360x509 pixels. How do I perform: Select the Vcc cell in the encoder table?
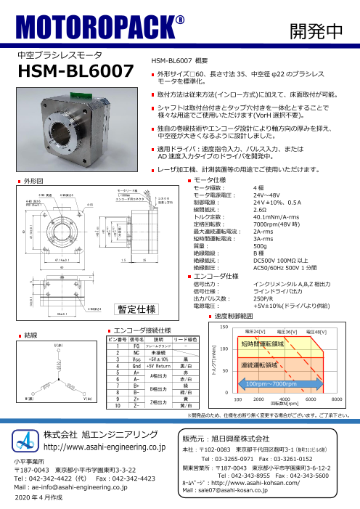click(x=135, y=359)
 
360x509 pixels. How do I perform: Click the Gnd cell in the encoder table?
click(x=135, y=365)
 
